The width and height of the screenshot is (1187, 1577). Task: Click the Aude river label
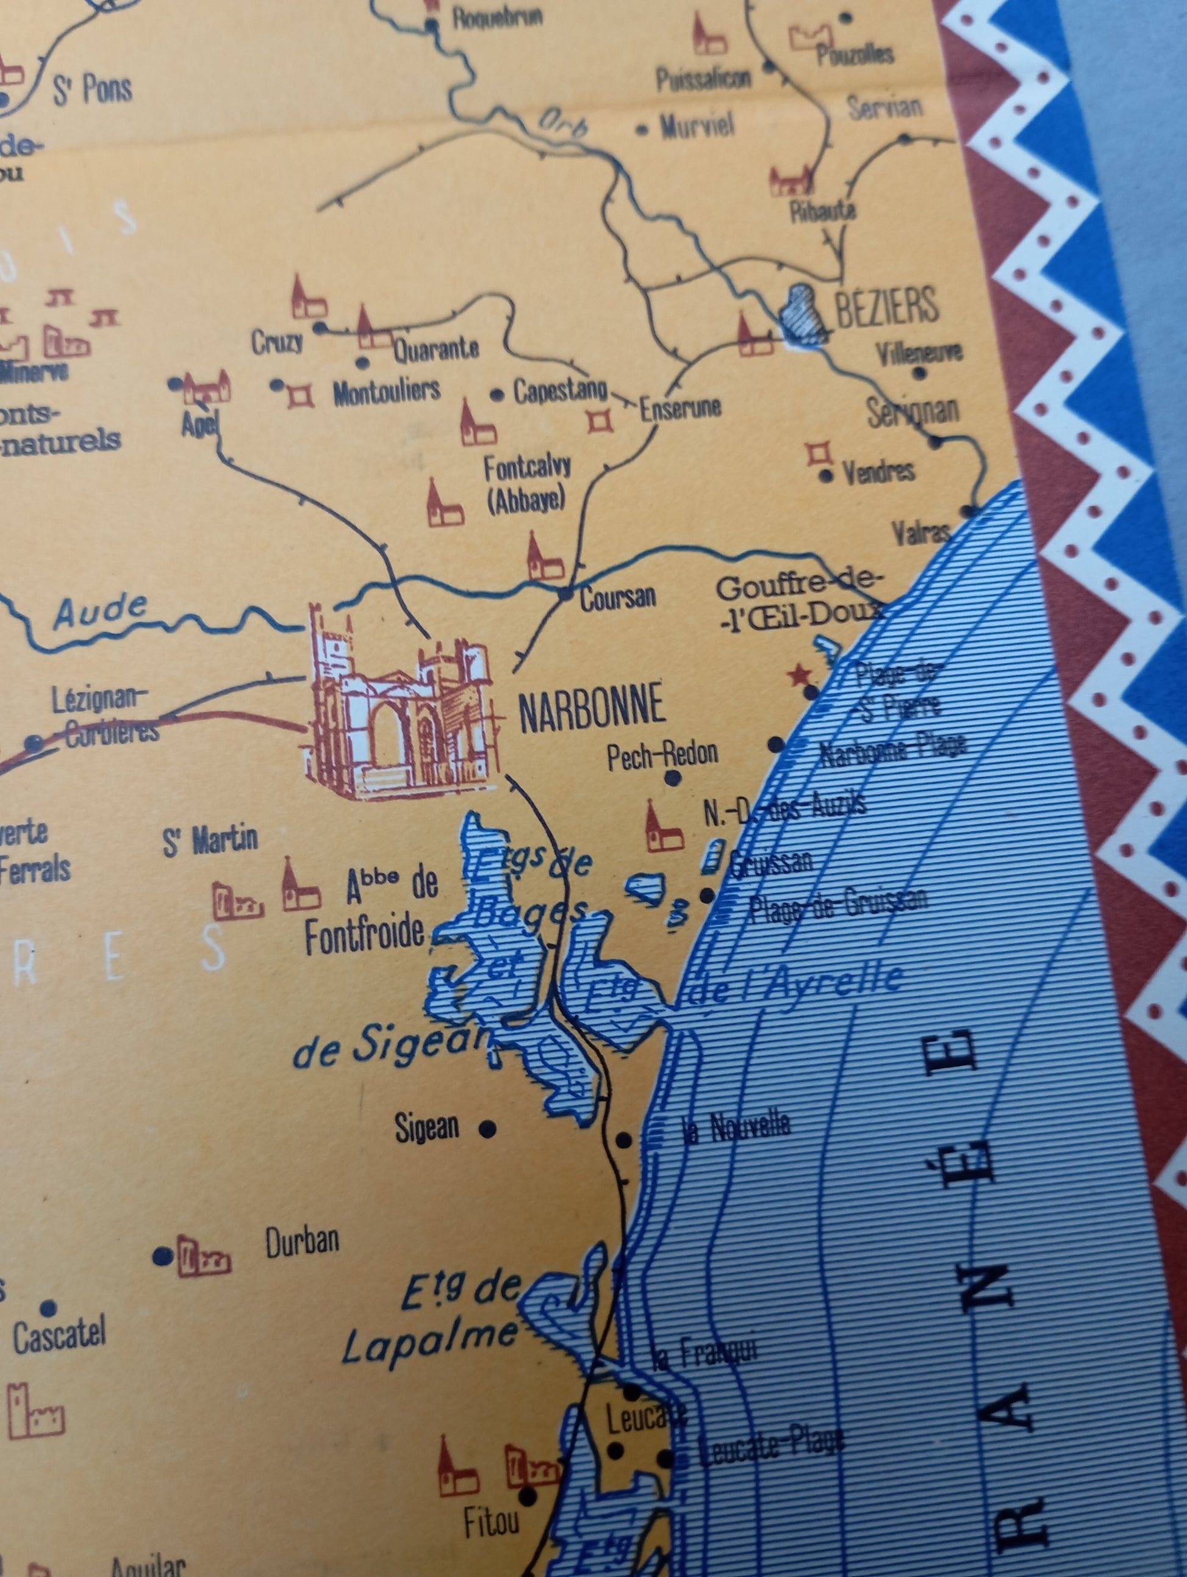coord(101,612)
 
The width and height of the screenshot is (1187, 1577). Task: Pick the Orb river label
coord(563,123)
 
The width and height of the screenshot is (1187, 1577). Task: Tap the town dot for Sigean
coord(487,1129)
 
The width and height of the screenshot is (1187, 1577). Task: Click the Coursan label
coord(617,597)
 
